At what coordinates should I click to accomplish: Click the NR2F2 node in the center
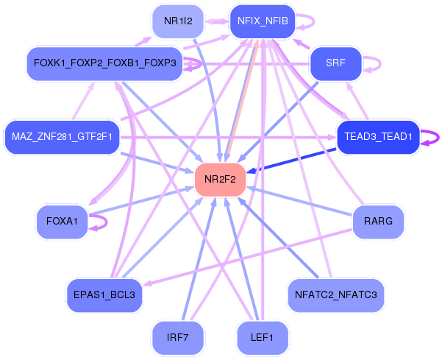tap(220, 180)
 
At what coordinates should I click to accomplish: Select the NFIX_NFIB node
tap(263, 21)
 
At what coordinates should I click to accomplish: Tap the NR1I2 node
tap(178, 21)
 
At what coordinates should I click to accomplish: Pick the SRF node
tap(335, 63)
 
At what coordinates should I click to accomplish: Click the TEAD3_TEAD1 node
tap(379, 137)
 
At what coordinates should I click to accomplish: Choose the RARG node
tap(378, 222)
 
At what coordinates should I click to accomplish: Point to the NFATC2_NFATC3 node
tap(335, 295)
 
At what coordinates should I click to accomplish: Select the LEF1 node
tap(262, 338)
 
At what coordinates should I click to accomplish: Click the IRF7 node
tap(177, 338)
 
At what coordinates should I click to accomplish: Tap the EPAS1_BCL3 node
tap(104, 295)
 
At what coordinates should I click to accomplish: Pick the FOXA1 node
tap(62, 222)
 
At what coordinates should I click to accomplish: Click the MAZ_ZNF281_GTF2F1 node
tap(62, 137)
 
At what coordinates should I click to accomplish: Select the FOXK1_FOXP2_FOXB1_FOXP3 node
tap(104, 63)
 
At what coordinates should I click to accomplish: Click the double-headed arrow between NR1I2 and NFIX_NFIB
tap(217, 21)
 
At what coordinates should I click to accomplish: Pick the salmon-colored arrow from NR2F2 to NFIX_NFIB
tap(243, 101)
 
